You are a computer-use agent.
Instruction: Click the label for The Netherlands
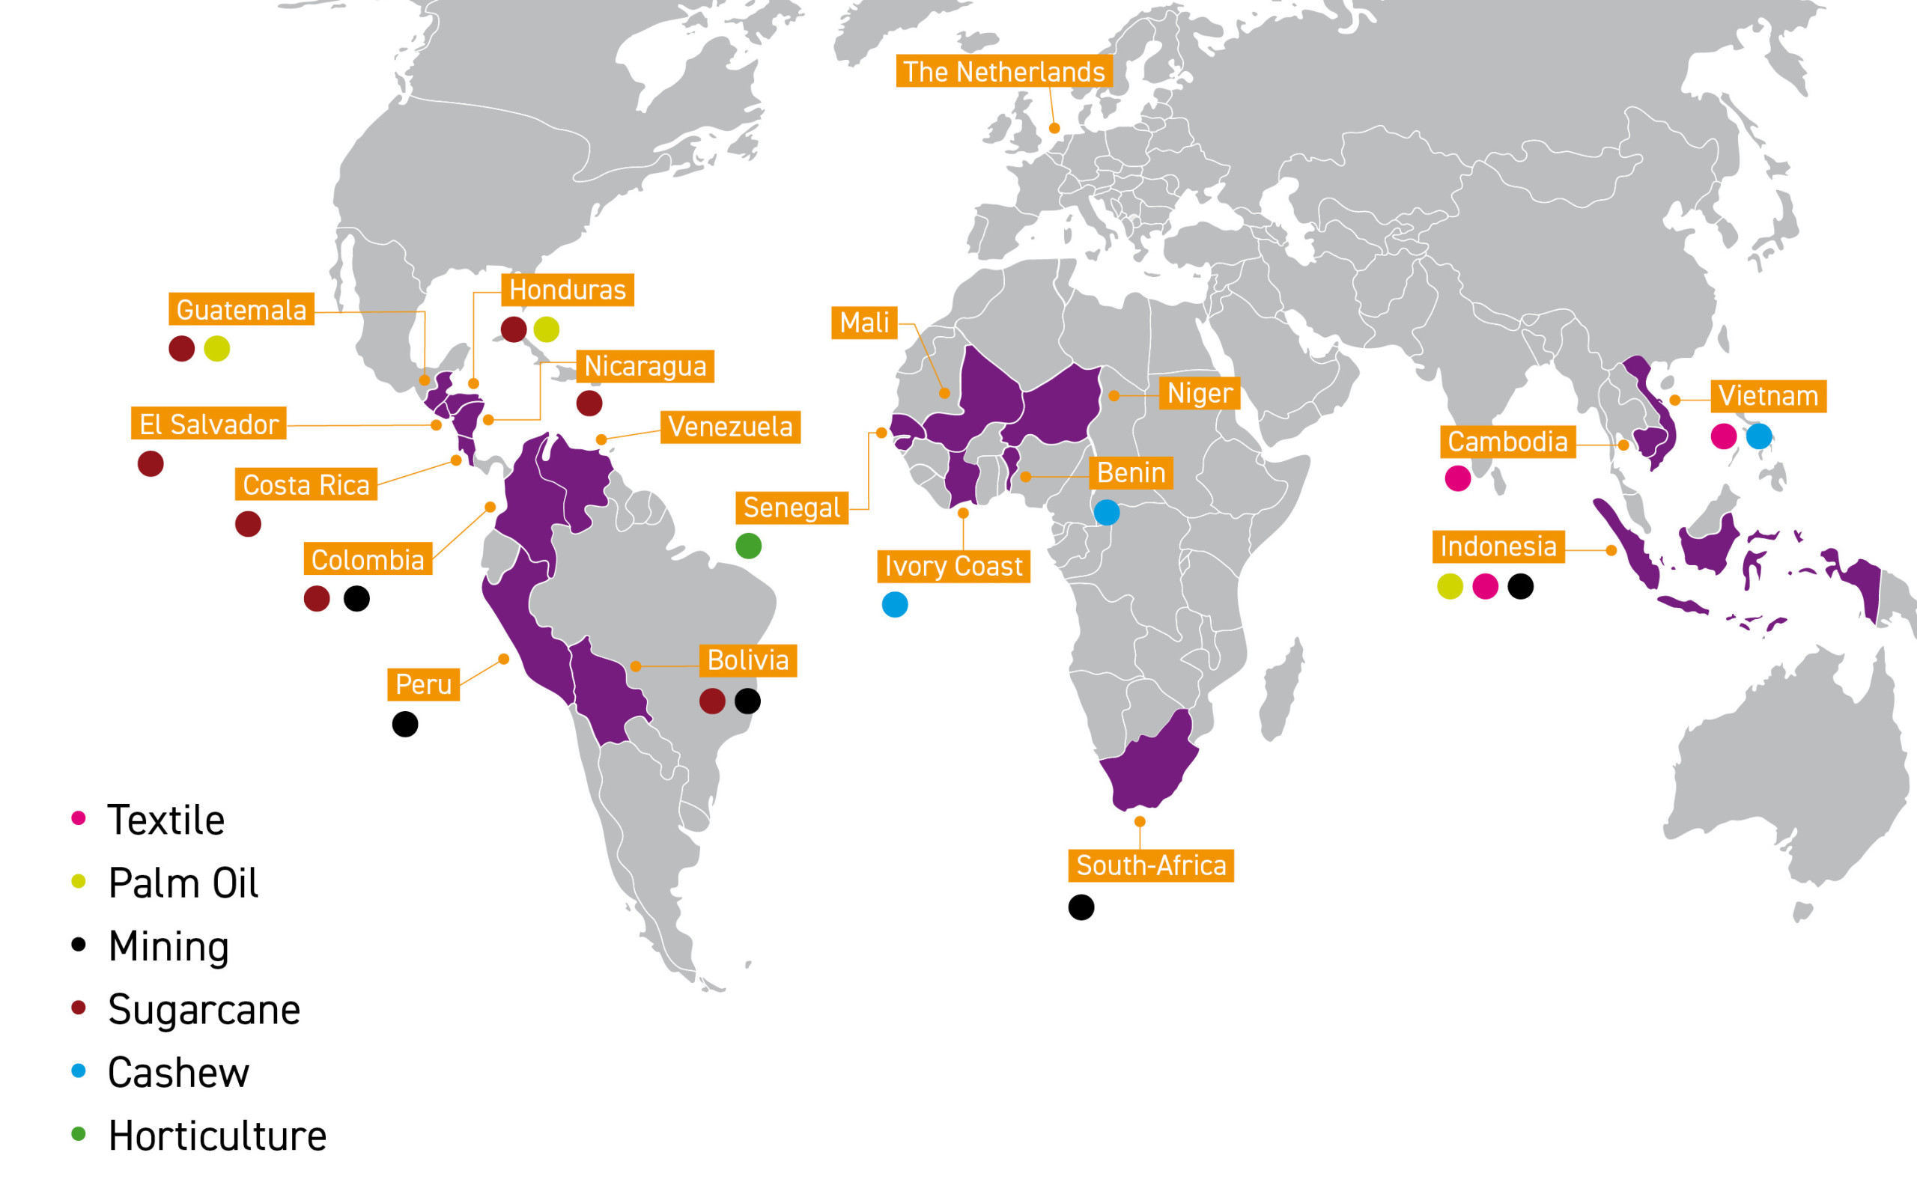click(x=1003, y=71)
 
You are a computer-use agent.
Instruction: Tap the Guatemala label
click(x=241, y=309)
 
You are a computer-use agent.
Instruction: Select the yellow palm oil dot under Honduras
click(x=546, y=329)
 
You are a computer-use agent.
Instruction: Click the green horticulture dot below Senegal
click(x=749, y=546)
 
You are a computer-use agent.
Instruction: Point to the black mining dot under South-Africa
click(x=1081, y=907)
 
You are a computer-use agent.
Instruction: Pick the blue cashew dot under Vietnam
click(x=1759, y=436)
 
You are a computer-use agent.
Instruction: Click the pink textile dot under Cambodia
click(x=1457, y=478)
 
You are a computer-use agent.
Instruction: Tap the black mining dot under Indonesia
click(x=1520, y=586)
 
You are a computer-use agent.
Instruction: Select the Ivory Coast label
click(x=953, y=567)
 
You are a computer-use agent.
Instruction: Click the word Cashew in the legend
click(x=179, y=1073)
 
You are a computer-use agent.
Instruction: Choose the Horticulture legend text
click(x=217, y=1136)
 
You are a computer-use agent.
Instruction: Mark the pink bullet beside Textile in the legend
click(x=79, y=818)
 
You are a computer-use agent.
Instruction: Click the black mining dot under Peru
click(x=405, y=724)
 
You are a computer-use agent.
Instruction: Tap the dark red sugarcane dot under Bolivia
click(x=712, y=701)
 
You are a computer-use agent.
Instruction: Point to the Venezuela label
click(x=730, y=427)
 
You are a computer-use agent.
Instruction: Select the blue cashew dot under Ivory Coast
click(x=895, y=605)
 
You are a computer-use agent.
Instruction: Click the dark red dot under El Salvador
click(x=151, y=463)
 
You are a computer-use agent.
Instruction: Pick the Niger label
click(x=1200, y=393)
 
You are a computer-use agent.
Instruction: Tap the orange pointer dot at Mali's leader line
click(x=944, y=393)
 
